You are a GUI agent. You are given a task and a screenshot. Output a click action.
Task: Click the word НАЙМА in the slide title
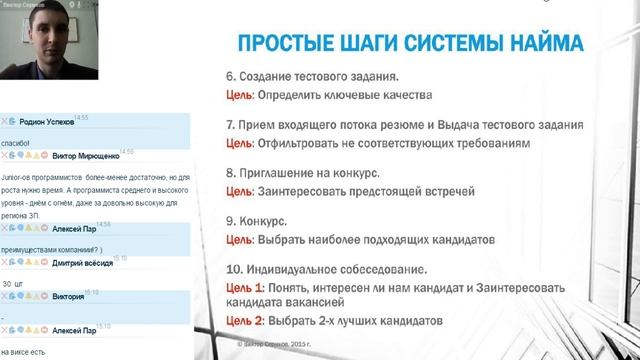[537, 43]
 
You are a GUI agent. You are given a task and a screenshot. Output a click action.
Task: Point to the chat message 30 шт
[13, 283]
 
